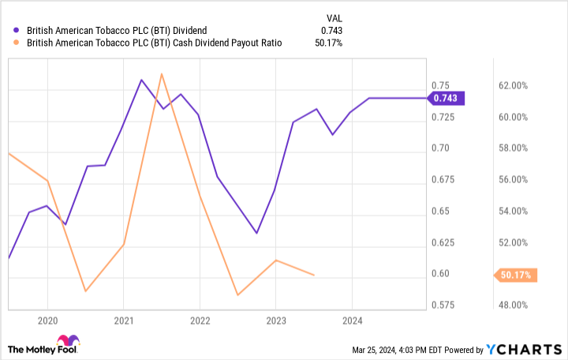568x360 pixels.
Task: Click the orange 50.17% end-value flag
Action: point(515,275)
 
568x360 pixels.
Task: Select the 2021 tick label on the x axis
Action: point(123,321)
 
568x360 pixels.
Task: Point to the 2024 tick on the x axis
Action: point(352,321)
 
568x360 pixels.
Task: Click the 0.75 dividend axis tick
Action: point(440,85)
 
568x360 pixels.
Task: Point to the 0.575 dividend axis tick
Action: point(443,305)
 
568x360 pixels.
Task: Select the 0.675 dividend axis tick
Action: point(443,179)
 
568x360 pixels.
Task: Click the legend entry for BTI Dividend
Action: point(118,31)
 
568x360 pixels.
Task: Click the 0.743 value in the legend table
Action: point(331,31)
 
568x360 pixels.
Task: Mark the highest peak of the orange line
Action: point(162,74)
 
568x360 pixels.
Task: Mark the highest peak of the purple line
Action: point(141,80)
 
